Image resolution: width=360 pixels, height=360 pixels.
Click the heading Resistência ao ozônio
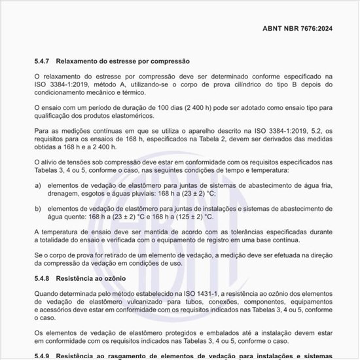point(99,279)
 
